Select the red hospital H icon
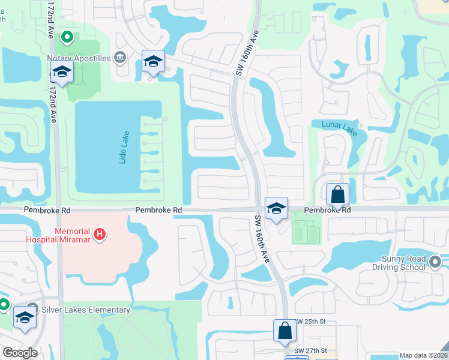[x=100, y=233]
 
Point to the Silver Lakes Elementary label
[x=86, y=310]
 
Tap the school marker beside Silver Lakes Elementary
[x=25, y=318]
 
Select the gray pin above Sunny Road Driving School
[x=435, y=261]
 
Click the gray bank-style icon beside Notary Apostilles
[x=120, y=58]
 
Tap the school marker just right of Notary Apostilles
[x=153, y=62]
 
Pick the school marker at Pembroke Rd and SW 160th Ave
[x=276, y=209]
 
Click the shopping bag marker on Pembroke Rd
[x=338, y=194]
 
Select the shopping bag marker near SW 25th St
[x=285, y=331]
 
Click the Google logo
[x=20, y=353]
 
